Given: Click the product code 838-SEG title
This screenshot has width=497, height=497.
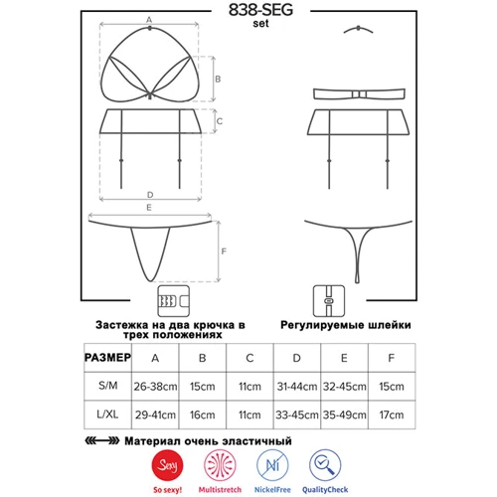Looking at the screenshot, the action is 260,10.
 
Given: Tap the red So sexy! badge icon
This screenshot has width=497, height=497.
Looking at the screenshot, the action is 168,465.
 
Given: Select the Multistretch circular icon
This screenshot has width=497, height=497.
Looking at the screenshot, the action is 220,465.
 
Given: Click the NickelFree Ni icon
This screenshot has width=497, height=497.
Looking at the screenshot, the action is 272,465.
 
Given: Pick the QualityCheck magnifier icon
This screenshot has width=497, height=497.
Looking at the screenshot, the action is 325,465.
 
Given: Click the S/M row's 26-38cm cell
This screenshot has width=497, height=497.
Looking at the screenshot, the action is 155,387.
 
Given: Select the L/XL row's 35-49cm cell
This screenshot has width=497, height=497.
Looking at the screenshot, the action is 345,414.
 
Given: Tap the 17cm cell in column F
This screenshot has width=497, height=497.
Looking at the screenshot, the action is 392,414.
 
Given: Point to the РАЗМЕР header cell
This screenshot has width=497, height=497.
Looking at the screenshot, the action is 107,358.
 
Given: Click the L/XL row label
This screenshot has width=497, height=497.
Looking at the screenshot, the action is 107,414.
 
